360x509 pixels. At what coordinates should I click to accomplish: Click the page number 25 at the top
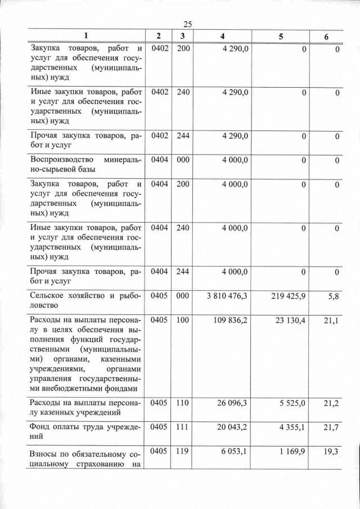[188, 24]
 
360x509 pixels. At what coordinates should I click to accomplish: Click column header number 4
[223, 36]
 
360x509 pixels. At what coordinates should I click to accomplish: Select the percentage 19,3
[334, 453]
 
